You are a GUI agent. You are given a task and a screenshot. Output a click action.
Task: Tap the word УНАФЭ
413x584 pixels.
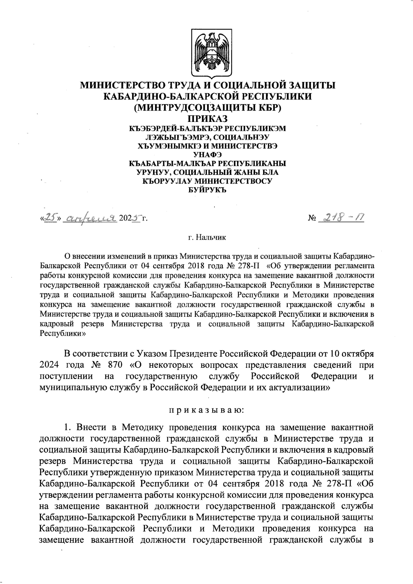pos(207,154)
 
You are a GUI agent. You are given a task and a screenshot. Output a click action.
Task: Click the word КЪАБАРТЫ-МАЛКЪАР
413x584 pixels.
pos(171,163)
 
